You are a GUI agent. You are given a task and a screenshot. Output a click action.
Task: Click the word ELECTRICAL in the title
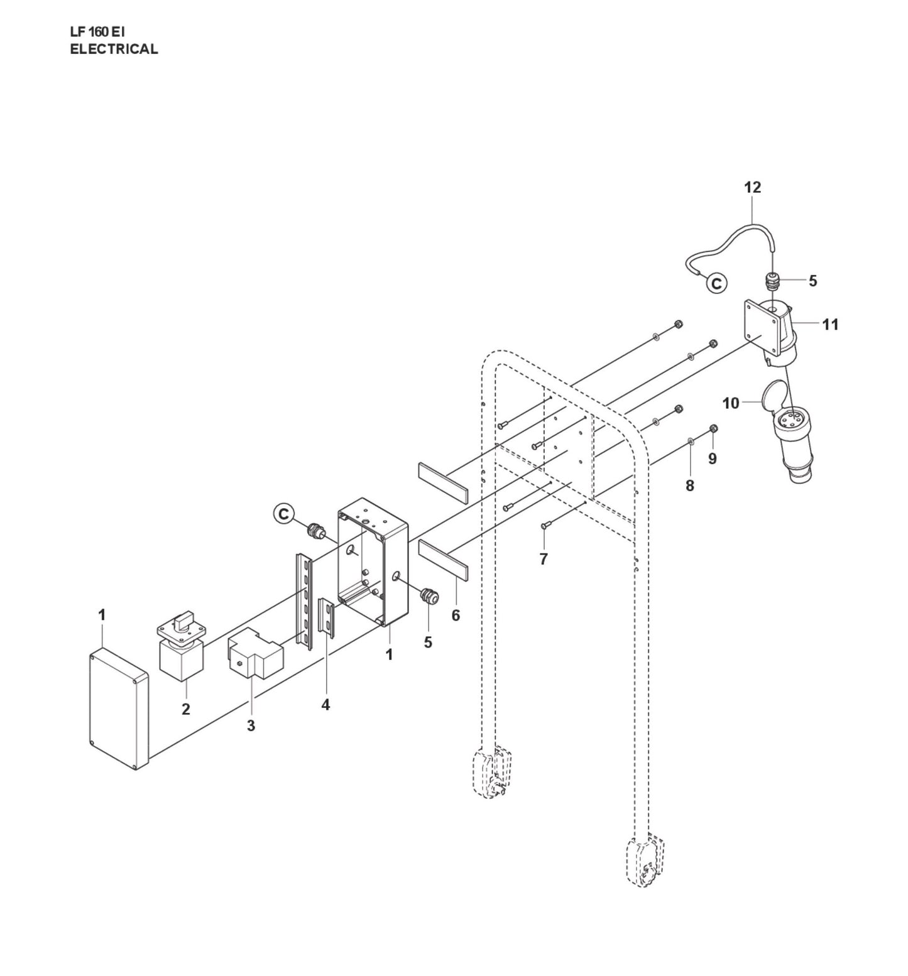click(x=114, y=50)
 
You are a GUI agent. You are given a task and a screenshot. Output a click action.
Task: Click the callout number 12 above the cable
click(x=752, y=187)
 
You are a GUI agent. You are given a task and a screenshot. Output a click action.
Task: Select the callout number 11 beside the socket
click(x=830, y=325)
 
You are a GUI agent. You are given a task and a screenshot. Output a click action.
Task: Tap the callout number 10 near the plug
click(x=731, y=403)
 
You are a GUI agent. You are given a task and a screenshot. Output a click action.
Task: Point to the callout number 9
click(x=712, y=458)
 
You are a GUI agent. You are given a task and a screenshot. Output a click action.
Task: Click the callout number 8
click(x=689, y=485)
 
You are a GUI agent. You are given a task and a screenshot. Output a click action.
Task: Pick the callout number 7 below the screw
click(x=544, y=558)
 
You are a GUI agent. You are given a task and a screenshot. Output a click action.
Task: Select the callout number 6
click(x=456, y=615)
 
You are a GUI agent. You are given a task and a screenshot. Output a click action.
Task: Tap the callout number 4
click(x=325, y=705)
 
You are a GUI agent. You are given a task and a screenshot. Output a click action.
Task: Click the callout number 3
click(x=251, y=725)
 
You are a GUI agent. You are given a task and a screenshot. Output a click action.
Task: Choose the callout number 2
click(x=185, y=709)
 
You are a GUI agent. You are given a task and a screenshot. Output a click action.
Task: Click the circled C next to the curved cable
click(x=716, y=283)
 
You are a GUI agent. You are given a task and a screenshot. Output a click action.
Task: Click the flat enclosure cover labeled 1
click(x=119, y=708)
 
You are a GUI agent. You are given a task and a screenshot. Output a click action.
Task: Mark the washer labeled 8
click(x=690, y=442)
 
